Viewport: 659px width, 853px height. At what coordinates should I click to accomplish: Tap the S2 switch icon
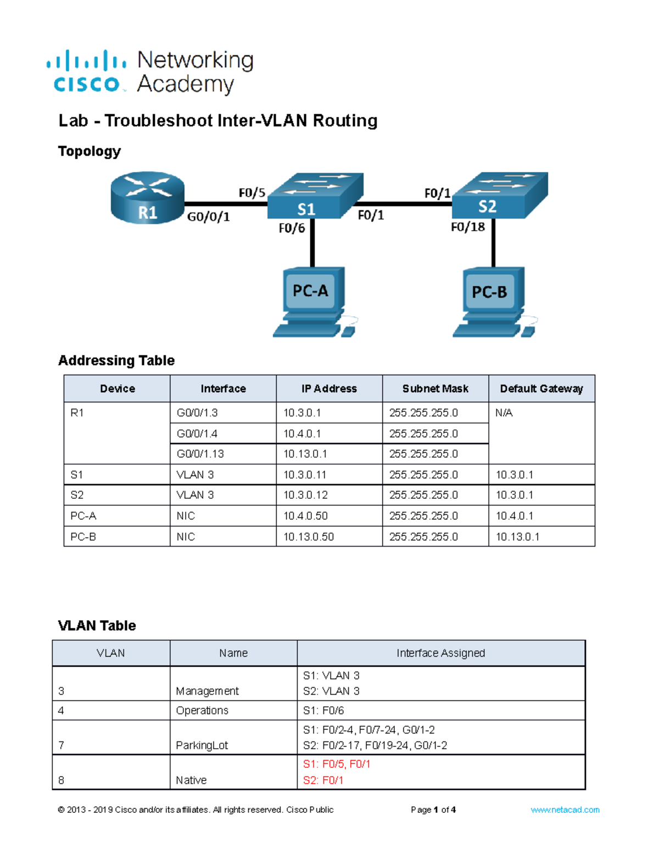(499, 196)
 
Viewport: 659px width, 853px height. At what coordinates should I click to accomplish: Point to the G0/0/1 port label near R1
(208, 217)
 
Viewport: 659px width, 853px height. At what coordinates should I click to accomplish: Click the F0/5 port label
(252, 193)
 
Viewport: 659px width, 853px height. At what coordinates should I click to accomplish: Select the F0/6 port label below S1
(292, 228)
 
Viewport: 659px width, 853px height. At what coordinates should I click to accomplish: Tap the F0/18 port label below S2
(467, 227)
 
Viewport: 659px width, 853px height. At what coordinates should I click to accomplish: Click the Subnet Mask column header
(435, 389)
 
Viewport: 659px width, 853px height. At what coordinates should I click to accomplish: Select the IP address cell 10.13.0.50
(309, 537)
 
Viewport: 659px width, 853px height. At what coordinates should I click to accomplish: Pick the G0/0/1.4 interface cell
(197, 434)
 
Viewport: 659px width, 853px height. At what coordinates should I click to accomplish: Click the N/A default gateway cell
(504, 413)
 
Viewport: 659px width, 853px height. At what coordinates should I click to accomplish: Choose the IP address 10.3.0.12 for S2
(305, 495)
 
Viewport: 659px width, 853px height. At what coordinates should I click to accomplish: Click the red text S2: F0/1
(323, 780)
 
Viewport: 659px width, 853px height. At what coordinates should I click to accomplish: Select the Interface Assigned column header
(440, 653)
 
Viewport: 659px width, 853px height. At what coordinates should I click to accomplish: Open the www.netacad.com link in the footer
(565, 810)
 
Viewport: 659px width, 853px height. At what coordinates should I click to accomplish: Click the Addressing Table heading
(116, 360)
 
